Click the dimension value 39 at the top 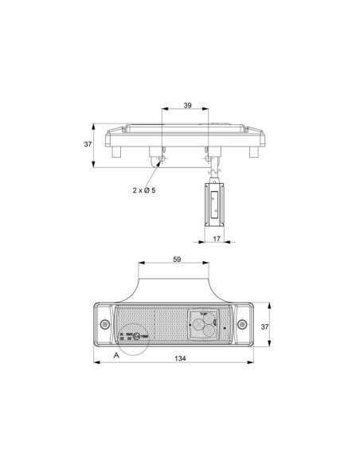[187, 105]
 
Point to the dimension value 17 [216, 237]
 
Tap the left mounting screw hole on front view [105, 326]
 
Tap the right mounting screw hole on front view [244, 326]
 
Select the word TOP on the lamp [204, 315]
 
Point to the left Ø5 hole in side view [162, 161]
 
